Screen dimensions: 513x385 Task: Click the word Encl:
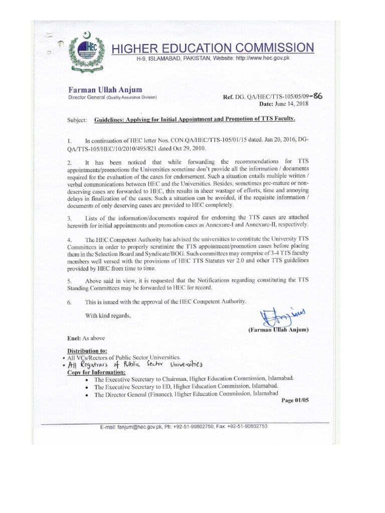pos(76,338)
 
